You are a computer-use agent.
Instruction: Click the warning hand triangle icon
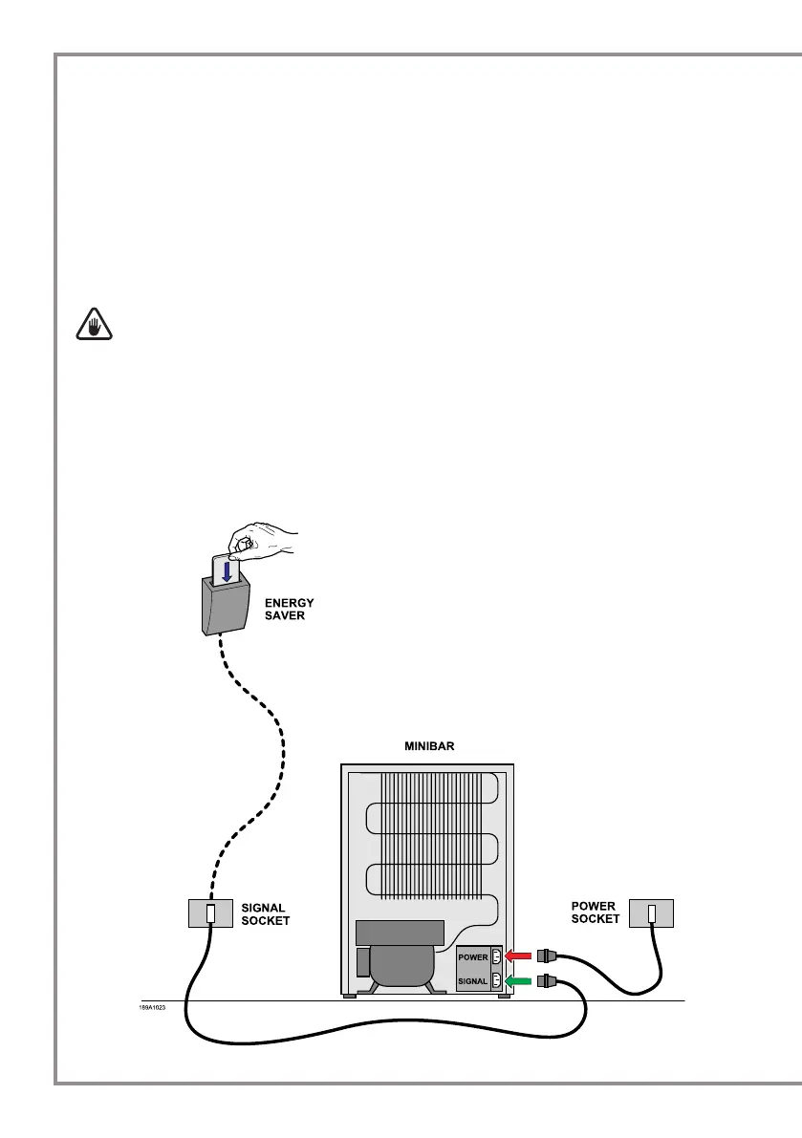tap(95, 325)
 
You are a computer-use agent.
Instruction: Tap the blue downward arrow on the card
tap(228, 571)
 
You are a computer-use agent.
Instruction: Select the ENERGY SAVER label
tap(289, 609)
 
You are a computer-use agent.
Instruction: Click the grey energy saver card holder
tap(226, 603)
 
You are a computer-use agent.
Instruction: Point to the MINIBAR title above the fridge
tap(429, 746)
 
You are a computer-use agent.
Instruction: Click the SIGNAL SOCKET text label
tap(266, 914)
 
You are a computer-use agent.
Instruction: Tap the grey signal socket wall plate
tap(210, 913)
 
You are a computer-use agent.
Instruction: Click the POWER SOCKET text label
tap(596, 913)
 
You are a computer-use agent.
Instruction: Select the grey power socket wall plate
tap(651, 913)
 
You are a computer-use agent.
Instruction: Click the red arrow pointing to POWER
tap(518, 955)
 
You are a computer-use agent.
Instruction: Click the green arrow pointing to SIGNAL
tap(518, 981)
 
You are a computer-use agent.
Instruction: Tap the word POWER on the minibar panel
tap(473, 957)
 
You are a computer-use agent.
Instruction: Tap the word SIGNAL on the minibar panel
tap(472, 981)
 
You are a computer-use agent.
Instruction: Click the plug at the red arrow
tap(547, 955)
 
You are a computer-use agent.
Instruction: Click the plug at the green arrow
tap(547, 981)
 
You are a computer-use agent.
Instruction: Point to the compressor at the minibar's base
tap(402, 969)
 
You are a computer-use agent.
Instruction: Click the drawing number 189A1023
tap(152, 1007)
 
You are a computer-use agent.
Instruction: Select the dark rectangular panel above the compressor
tap(400, 933)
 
